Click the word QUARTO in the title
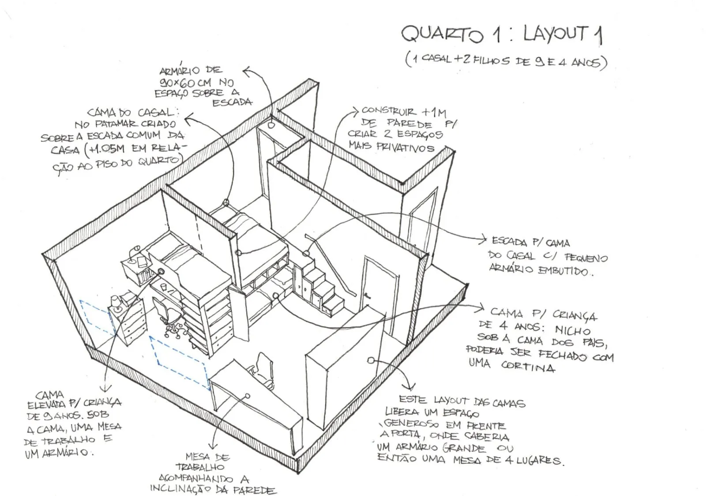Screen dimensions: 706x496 442,34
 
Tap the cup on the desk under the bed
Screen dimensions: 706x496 164,287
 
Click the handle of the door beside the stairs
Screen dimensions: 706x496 367,295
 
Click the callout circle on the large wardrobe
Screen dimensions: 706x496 371,360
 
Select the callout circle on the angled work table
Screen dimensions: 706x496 248,396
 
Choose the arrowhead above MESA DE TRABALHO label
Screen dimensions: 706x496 213,446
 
